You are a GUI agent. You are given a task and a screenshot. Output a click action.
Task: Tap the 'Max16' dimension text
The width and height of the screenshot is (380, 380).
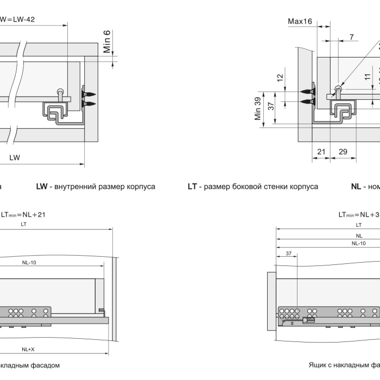pyautogui.click(x=300, y=22)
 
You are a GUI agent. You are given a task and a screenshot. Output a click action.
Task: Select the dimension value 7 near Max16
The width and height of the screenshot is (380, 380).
pyautogui.click(x=352, y=36)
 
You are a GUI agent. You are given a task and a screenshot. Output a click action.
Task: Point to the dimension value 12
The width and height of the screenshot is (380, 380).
pyautogui.click(x=280, y=78)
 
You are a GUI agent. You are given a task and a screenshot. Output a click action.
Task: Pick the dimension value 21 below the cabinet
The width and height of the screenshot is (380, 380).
pyautogui.click(x=320, y=151)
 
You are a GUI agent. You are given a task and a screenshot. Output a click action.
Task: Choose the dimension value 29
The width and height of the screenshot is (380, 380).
pyautogui.click(x=343, y=151)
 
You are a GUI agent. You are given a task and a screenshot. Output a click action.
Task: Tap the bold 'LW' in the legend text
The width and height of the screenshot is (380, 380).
pyautogui.click(x=42, y=187)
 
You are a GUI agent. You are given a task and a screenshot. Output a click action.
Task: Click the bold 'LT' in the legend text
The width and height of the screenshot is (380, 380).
pyautogui.click(x=192, y=187)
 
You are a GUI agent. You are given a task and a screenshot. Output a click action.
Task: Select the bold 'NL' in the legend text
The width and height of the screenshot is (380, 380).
pyautogui.click(x=356, y=187)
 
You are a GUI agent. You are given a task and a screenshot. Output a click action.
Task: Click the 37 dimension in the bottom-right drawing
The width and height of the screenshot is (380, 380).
pyautogui.click(x=288, y=253)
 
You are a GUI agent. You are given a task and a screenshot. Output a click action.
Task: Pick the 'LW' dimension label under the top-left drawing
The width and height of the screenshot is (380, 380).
pyautogui.click(x=15, y=157)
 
